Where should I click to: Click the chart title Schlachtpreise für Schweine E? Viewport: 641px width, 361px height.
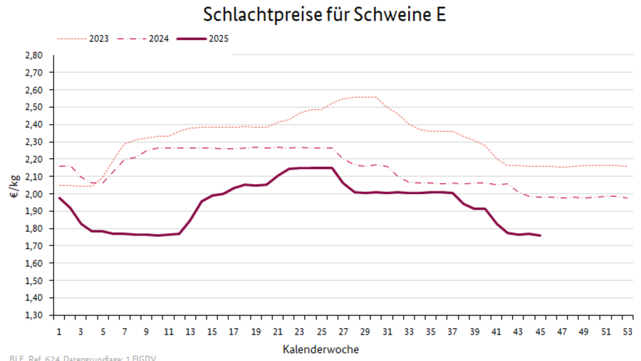tap(324, 15)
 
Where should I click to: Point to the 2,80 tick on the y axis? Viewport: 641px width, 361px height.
tap(34, 55)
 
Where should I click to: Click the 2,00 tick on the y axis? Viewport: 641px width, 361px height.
tap(34, 194)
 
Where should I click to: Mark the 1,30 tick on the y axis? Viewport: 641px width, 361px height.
tap(34, 315)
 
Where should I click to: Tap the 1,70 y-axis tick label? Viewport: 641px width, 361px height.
tap(34, 245)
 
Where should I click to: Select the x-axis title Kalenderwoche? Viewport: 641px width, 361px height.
tap(320, 349)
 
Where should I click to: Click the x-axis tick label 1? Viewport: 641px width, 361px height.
tap(59, 332)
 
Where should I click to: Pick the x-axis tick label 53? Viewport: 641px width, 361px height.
tap(627, 332)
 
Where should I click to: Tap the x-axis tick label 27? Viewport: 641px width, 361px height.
tap(343, 332)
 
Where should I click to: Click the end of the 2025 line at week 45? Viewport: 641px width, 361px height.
tap(540, 235)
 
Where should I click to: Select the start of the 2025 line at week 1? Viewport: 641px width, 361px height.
tap(59, 198)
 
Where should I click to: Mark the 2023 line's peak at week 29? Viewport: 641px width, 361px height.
tap(365, 97)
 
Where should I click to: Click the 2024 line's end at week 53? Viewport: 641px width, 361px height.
tap(627, 198)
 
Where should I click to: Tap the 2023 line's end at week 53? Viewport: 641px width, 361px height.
tap(627, 166)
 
